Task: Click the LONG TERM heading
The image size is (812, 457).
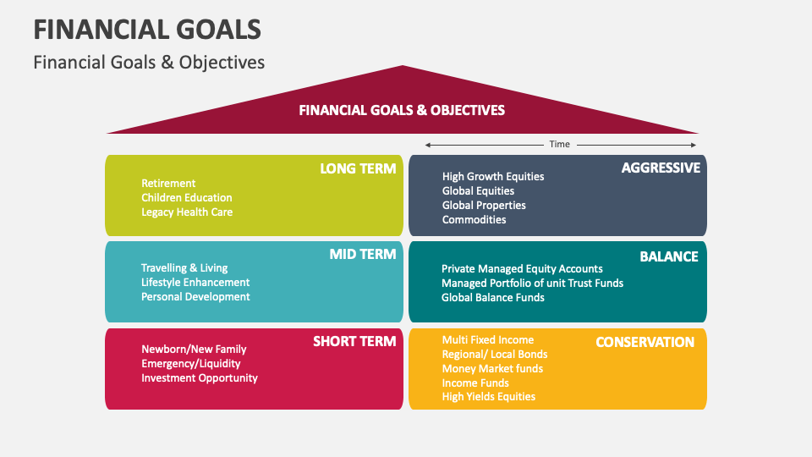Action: click(358, 168)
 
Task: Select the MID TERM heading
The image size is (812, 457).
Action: click(363, 254)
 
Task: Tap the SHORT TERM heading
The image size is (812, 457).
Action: click(354, 341)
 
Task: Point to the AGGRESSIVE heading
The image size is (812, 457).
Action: click(661, 168)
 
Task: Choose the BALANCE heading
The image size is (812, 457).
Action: click(669, 256)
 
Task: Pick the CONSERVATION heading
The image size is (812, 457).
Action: click(645, 342)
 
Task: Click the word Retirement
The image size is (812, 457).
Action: click(168, 183)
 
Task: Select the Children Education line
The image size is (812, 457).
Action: click(186, 197)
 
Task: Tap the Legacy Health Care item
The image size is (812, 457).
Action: click(187, 212)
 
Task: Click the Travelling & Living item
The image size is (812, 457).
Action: click(184, 268)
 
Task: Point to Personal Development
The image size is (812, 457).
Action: click(195, 296)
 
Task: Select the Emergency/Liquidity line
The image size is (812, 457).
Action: click(191, 363)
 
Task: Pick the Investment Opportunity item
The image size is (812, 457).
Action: click(200, 377)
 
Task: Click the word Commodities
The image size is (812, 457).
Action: click(474, 220)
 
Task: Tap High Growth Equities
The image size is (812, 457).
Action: click(493, 176)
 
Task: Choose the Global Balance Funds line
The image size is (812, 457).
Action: click(493, 297)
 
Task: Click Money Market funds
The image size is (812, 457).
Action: click(492, 368)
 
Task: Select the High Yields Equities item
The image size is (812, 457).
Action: click(489, 396)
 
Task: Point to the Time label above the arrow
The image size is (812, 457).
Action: click(559, 144)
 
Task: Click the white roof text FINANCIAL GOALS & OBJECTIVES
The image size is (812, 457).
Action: click(402, 110)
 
